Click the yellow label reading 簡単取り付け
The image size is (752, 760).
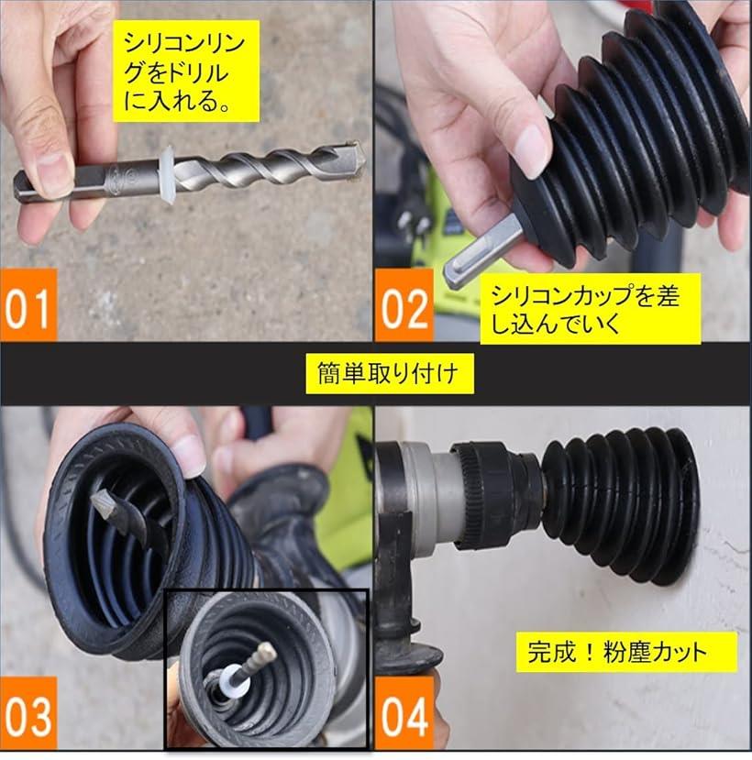click(x=390, y=373)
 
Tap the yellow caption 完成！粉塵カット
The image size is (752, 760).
click(x=626, y=652)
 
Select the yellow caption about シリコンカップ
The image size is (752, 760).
click(x=591, y=309)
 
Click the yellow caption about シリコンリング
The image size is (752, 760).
click(x=185, y=71)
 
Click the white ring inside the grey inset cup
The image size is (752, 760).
click(x=235, y=682)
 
